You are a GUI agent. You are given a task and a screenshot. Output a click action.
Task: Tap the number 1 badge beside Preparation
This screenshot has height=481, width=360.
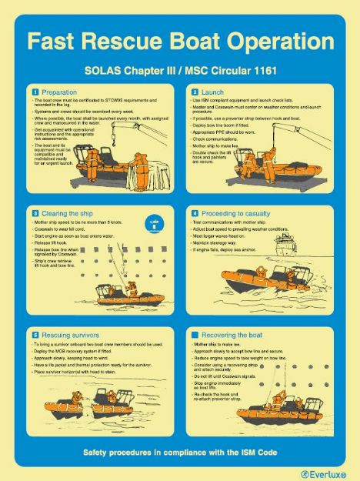pyautogui.click(x=35, y=92)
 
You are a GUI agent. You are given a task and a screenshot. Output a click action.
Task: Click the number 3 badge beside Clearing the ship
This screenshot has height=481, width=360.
pyautogui.click(x=35, y=213)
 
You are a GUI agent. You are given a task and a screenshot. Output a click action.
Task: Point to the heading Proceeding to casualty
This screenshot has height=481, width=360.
pyautogui.click(x=234, y=213)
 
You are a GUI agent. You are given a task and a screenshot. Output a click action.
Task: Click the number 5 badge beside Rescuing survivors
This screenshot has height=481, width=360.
pyautogui.click(x=35, y=335)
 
